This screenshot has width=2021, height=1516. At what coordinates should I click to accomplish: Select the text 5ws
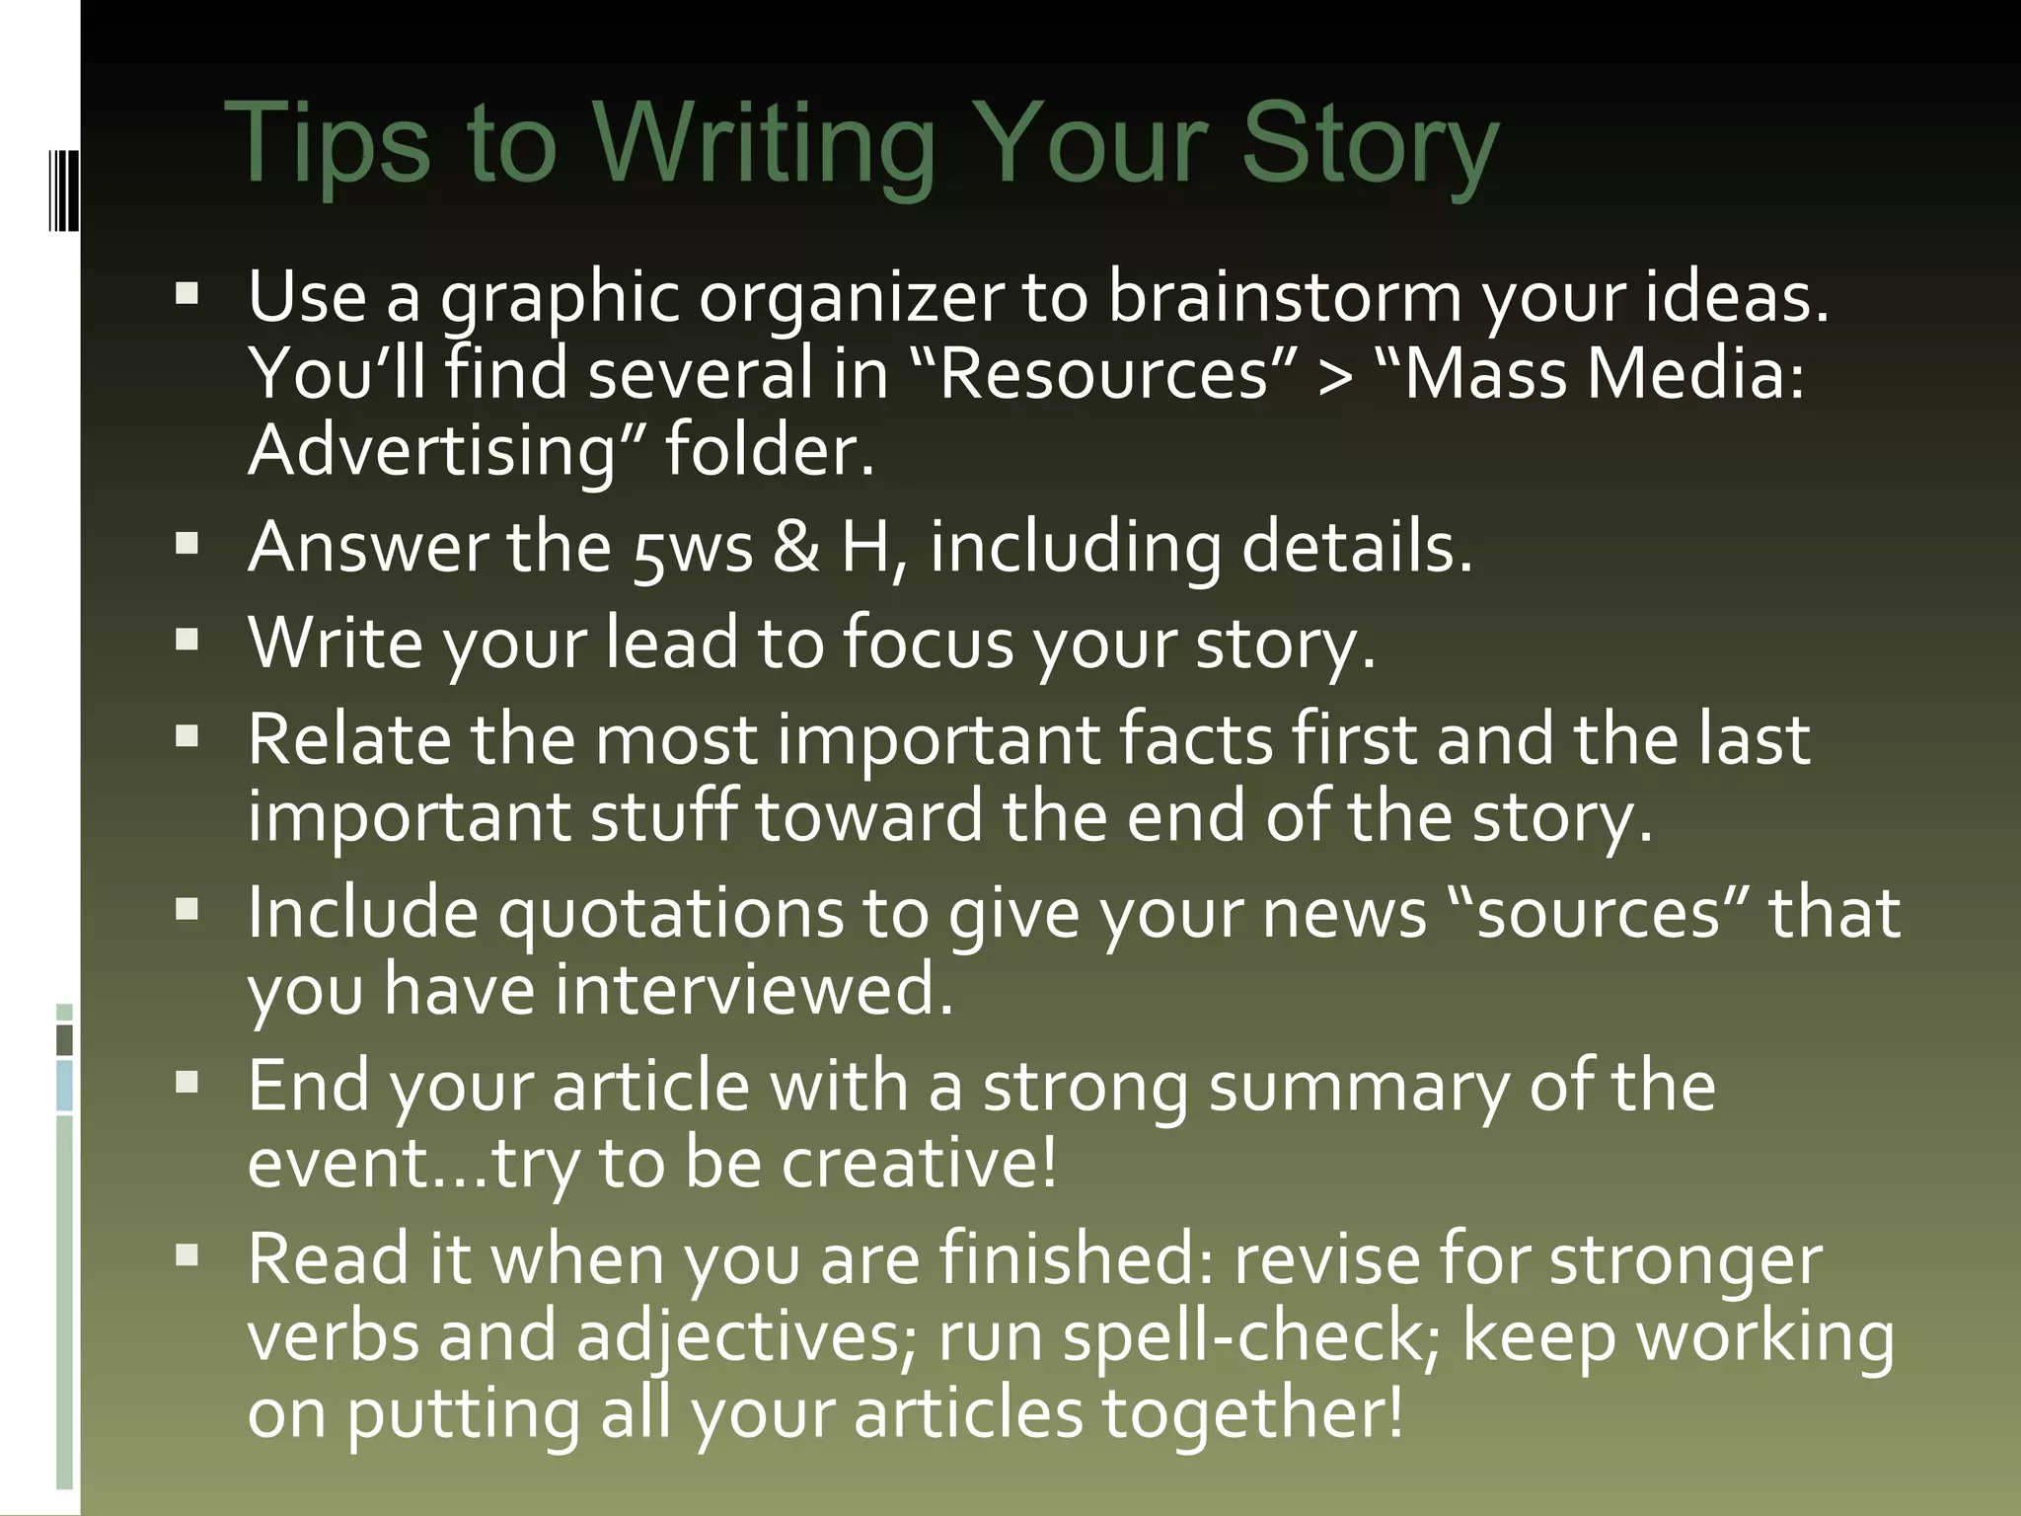(x=693, y=548)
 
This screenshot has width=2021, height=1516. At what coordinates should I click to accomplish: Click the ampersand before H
(x=796, y=548)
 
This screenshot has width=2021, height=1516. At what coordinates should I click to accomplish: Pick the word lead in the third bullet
(x=671, y=644)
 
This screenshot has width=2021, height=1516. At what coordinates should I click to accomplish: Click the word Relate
(x=348, y=739)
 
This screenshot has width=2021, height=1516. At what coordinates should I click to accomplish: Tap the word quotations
(x=671, y=913)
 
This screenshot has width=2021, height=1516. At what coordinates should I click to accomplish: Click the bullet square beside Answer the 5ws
(x=187, y=544)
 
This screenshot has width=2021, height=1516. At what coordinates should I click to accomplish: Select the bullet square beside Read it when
(x=187, y=1256)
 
